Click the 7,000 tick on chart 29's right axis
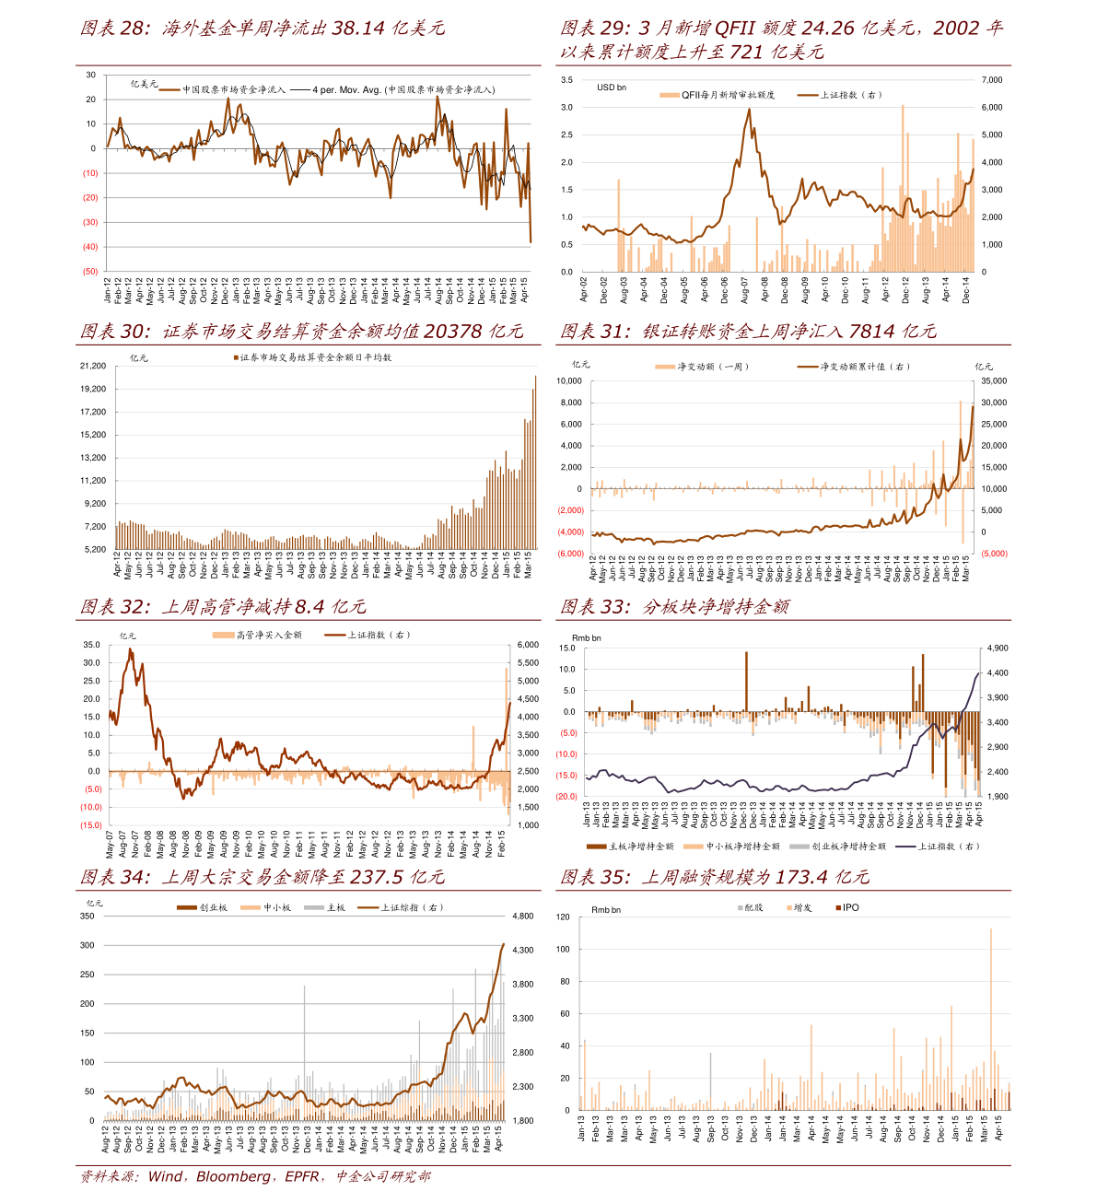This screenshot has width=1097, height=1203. [991, 80]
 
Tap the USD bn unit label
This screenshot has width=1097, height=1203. [612, 88]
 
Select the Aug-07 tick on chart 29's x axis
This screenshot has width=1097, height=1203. [745, 290]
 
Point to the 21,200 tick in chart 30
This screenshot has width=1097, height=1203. [93, 366]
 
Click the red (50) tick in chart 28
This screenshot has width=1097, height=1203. [90, 272]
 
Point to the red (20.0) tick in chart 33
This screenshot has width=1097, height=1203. [566, 797]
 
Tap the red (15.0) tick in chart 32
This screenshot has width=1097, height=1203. [91, 826]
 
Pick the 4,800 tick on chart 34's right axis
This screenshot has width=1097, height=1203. [522, 917]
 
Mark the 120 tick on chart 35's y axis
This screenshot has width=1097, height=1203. [563, 917]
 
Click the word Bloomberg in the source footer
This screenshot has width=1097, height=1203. [234, 1177]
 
